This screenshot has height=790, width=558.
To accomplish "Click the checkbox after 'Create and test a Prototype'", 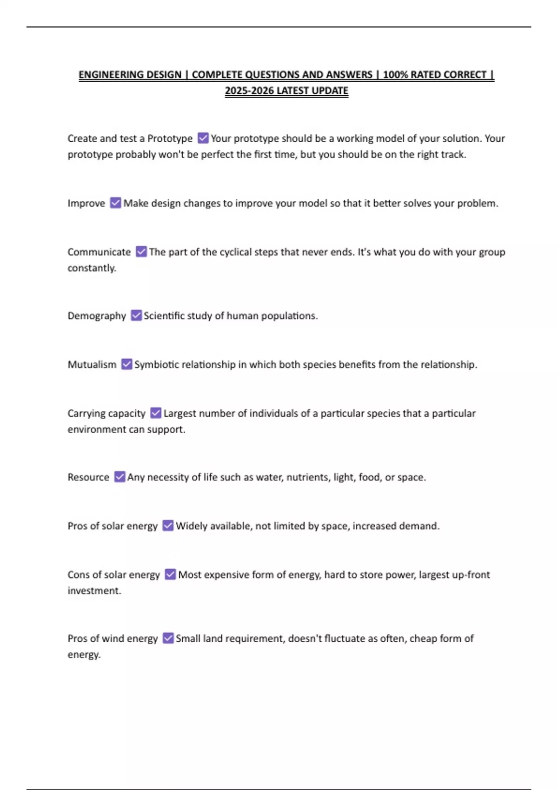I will pyautogui.click(x=203, y=138).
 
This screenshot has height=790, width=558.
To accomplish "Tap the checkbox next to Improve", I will pyautogui.click(x=115, y=203).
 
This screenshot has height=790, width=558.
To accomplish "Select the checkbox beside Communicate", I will pyautogui.click(x=141, y=252).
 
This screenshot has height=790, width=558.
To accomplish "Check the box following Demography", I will pyautogui.click(x=136, y=316).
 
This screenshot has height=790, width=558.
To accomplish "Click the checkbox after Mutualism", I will pyautogui.click(x=126, y=364).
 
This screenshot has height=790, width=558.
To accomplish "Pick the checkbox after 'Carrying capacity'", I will pyautogui.click(x=156, y=413).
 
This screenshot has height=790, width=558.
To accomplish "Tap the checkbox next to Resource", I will pyautogui.click(x=120, y=477).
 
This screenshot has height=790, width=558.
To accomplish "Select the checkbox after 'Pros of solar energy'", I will pyautogui.click(x=168, y=526).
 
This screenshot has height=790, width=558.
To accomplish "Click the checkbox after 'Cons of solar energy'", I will pyautogui.click(x=170, y=574).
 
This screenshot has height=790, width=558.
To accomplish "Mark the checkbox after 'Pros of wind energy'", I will pyautogui.click(x=168, y=638).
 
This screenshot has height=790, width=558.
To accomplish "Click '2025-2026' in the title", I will pyautogui.click(x=249, y=91).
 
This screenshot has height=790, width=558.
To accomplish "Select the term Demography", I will pyautogui.click(x=97, y=316).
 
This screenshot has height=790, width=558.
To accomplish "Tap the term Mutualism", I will pyautogui.click(x=92, y=365).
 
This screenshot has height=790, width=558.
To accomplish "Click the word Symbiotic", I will pyautogui.click(x=156, y=365).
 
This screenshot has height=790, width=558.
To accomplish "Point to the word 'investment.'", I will pyautogui.click(x=94, y=591).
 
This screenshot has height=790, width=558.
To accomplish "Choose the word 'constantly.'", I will pyautogui.click(x=92, y=268).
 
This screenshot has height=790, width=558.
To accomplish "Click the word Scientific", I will pyautogui.click(x=164, y=316).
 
